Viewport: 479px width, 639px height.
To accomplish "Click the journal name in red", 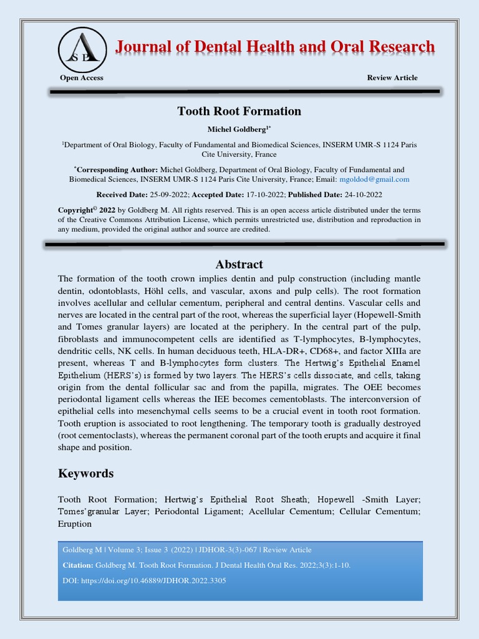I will [274, 47].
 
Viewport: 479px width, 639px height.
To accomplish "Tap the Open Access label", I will [82, 78].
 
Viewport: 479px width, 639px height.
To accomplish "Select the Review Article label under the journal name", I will [392, 78].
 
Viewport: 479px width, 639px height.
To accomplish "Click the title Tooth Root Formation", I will [239, 112].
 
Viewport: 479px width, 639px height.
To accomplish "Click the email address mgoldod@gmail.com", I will [374, 179].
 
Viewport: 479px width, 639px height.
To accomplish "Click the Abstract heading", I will [239, 265].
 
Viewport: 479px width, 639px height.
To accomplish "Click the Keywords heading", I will [86, 473].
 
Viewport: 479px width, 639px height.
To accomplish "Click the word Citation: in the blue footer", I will [78, 565].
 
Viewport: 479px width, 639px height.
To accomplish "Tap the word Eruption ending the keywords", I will [75, 524].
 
